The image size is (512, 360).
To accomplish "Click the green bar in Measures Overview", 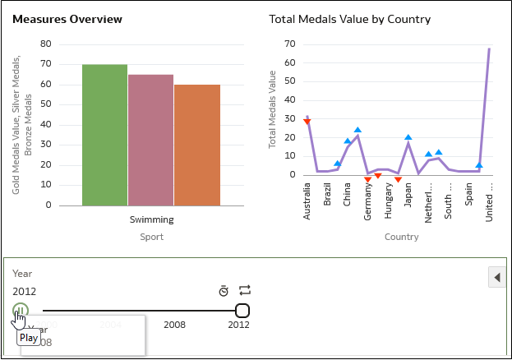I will click(104, 135).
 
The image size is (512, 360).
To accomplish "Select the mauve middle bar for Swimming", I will click(150, 140).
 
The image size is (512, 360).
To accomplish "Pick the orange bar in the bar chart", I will click(197, 145).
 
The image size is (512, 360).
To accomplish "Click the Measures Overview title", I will click(67, 19).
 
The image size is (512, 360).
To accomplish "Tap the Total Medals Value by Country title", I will click(350, 19).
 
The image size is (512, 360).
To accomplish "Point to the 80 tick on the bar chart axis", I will click(45, 44).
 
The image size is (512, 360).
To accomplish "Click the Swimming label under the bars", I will click(151, 219).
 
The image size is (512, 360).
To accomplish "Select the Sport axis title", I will click(151, 237).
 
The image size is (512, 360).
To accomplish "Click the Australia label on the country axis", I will click(307, 202).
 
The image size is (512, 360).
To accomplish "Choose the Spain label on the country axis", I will click(468, 196).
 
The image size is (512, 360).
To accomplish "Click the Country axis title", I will click(401, 237).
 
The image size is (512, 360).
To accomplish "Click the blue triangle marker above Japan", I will click(408, 137).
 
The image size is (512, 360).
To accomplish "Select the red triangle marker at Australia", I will click(307, 122).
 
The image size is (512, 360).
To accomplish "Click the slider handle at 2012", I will click(242, 311).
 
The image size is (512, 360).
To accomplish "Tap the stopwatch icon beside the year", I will click(223, 291).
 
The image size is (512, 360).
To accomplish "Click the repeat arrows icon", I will click(244, 290).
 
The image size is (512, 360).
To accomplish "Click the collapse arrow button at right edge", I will click(496, 277).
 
